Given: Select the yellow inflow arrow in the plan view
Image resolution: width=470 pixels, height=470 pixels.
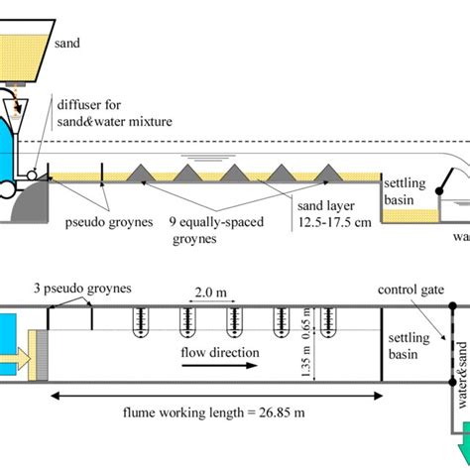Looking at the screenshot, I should tap(17, 355).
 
